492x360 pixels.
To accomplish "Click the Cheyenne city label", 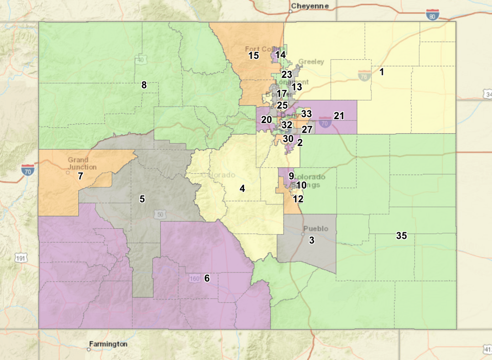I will coord(310,6).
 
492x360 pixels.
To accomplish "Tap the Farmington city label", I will coord(108,344).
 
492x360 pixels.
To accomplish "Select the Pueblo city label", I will coord(316,228).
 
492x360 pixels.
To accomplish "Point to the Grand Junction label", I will coord(82,163).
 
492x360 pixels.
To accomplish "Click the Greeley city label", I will coord(311,62).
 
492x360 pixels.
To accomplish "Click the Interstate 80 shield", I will coord(432,15).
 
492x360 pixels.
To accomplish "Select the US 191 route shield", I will coord(21,258).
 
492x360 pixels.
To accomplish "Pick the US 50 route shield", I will coord(160,215).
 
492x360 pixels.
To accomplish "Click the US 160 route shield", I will coord(194,279).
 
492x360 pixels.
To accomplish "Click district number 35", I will coord(401,236).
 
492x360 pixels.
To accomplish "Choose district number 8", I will coord(144,85).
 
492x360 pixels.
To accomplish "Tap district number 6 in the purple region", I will coord(207,278).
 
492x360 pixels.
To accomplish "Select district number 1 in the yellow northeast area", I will coord(381,72).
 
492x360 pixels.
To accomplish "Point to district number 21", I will coord(339,116).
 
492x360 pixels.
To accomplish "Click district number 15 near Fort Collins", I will coord(253,56).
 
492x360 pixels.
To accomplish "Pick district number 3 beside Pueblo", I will coord(312,240).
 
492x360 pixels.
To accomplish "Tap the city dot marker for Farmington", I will coord(89,350).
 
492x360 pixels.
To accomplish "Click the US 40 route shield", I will coord(140,60).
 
